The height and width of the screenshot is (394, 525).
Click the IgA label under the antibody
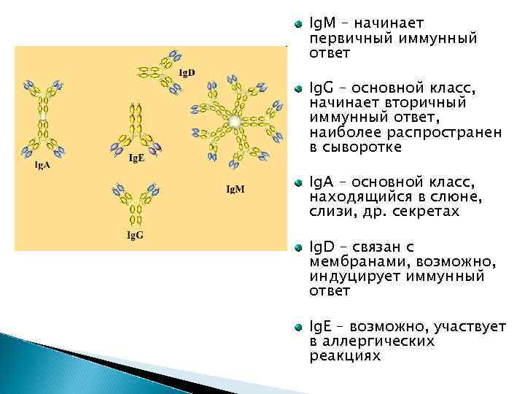[x=44, y=166]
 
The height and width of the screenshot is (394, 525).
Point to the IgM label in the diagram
[x=235, y=189]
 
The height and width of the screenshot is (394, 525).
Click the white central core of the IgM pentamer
[x=233, y=120]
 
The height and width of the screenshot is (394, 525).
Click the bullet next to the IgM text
[x=297, y=25]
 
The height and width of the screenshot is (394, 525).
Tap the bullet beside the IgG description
[x=297, y=89]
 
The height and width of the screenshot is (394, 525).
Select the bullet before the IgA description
[x=297, y=180]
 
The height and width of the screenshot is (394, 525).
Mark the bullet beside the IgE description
[x=297, y=327]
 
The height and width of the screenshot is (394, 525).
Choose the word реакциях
[x=344, y=355]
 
